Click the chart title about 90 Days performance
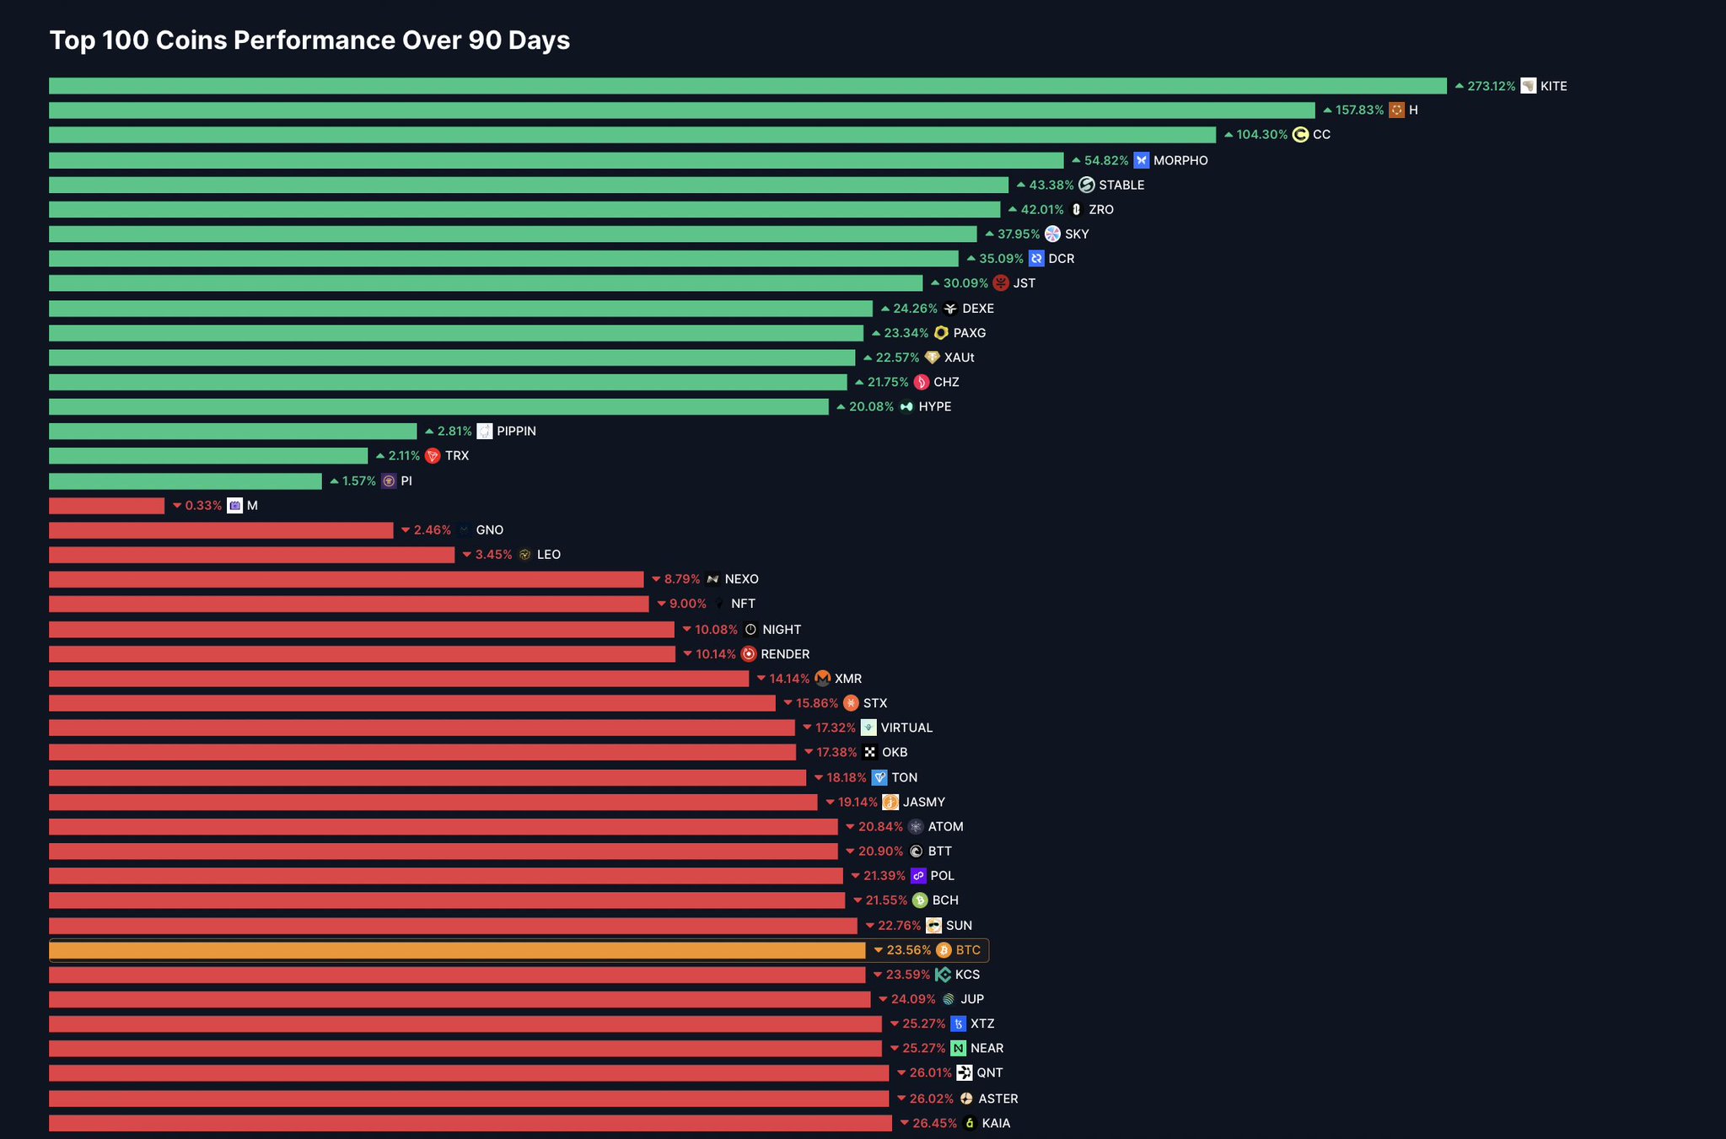pos(309,40)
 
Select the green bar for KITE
pos(747,86)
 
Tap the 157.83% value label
pos(1359,110)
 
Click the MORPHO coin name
pos(1180,160)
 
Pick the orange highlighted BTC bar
pos(457,950)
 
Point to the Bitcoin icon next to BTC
pos(944,950)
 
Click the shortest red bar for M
pos(106,506)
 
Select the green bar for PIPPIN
pos(233,432)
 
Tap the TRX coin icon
pos(433,456)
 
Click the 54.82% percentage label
pos(1105,160)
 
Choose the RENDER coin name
pos(784,654)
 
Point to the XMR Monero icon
pos(823,679)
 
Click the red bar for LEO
pos(251,555)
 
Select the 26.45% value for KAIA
pos(934,1123)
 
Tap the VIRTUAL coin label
pos(906,728)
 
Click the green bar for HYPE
pos(438,407)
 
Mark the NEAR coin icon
pos(958,1048)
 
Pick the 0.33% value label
pos(203,506)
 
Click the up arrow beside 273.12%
pos(1459,86)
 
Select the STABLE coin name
pos(1121,185)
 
